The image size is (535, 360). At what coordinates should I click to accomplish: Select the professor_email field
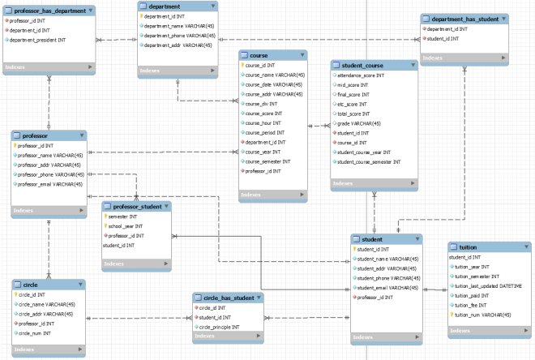click(50, 184)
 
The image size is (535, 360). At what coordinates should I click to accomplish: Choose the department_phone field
click(177, 35)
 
